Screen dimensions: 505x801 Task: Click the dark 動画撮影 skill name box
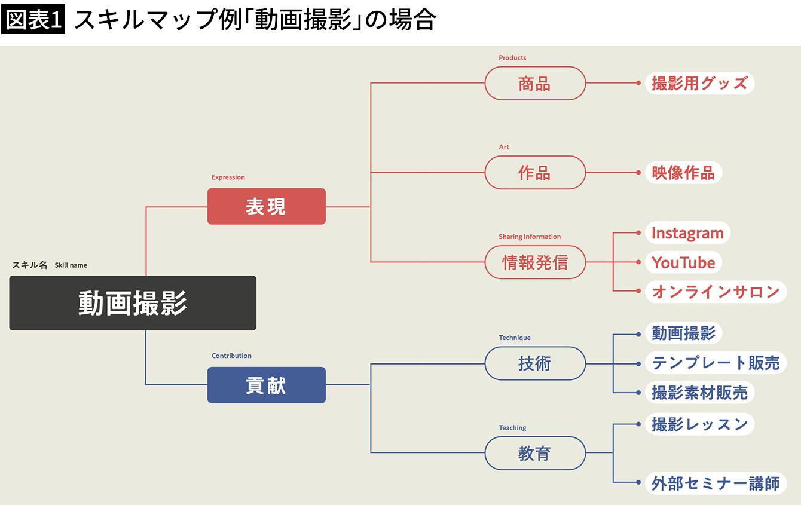coord(133,303)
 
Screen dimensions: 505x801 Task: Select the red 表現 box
coord(266,207)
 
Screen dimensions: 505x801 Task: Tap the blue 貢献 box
coord(266,385)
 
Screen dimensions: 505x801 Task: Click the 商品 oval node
coord(534,84)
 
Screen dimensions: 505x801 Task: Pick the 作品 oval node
coord(534,173)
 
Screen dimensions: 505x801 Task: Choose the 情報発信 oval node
coord(534,262)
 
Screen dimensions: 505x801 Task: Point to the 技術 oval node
coord(534,363)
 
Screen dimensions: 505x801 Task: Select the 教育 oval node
coord(534,454)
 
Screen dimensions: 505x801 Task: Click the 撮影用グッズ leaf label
coord(699,84)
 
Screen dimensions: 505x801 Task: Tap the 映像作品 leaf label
coord(683,173)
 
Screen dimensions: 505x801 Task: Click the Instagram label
coord(687,233)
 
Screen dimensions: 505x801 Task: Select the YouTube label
coord(683,262)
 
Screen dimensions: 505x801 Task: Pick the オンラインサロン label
coord(716,292)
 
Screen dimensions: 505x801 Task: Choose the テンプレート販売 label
coord(716,363)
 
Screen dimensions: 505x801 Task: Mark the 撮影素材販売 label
coord(699,393)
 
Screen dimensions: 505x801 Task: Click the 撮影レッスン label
coord(699,424)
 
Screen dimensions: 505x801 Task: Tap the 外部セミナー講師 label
coord(716,483)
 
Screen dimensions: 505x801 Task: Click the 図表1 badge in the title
coord(33,21)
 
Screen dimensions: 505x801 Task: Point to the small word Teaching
coord(512,428)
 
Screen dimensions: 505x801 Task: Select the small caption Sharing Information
coord(530,237)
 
